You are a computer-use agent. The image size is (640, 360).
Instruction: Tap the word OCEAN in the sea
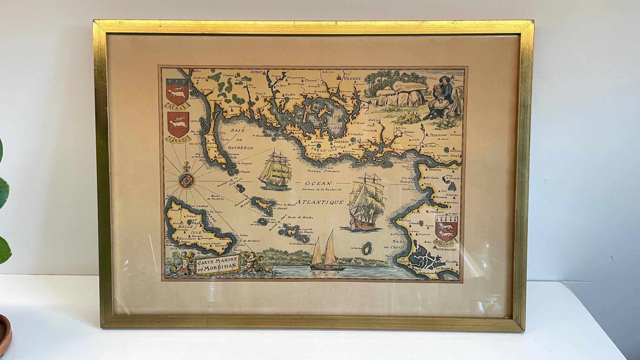(318, 183)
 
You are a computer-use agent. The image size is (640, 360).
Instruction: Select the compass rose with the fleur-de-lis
(185, 180)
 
